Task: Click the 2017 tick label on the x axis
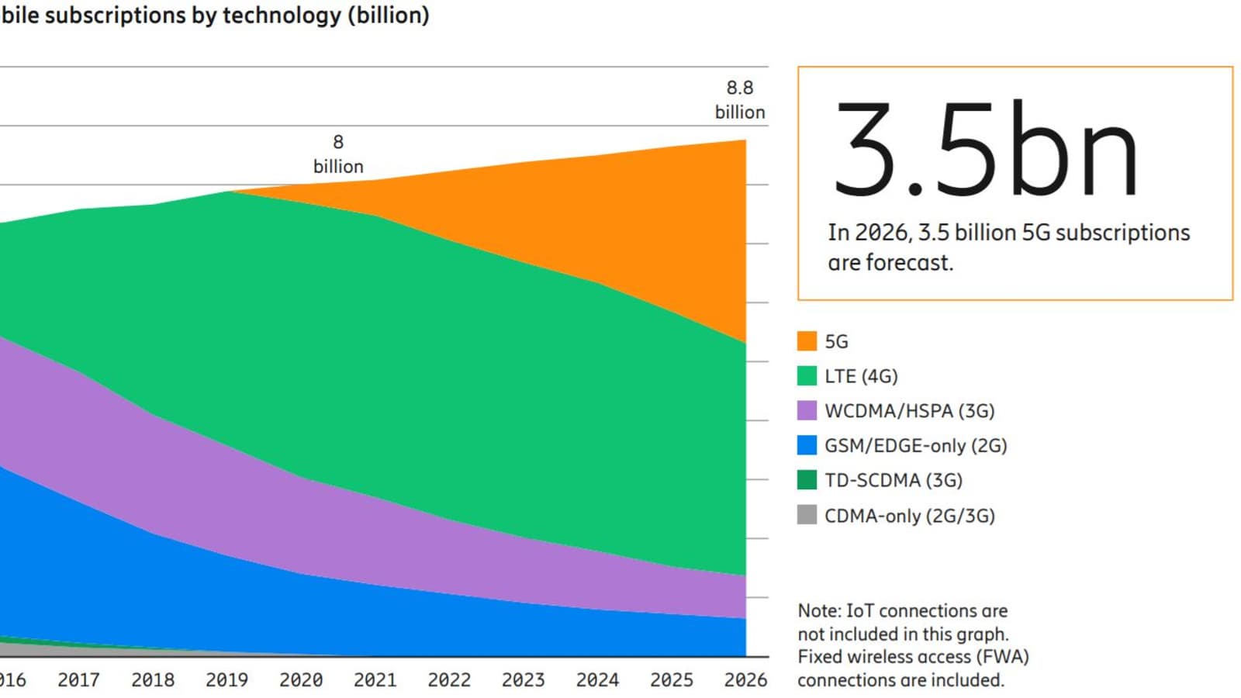pos(78,680)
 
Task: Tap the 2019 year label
pos(226,680)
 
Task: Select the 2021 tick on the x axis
pos(375,680)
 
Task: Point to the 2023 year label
pos(523,680)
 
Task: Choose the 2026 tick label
pos(745,680)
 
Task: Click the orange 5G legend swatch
pos(807,341)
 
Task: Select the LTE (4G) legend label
pos(861,376)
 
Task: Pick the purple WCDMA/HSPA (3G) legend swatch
pos(807,410)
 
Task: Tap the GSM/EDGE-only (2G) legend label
pos(915,446)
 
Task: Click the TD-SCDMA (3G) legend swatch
pos(807,480)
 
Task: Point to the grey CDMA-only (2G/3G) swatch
pos(807,515)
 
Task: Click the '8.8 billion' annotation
pos(740,100)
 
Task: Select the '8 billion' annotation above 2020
pos(338,154)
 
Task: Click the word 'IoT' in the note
pos(860,611)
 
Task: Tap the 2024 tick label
pos(597,680)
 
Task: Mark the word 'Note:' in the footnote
pos(819,611)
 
